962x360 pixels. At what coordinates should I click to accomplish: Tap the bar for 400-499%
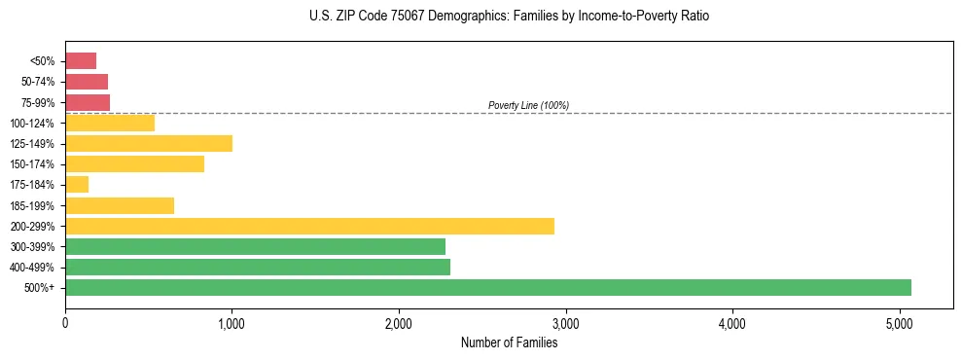(258, 267)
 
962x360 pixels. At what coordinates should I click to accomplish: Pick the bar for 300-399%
(255, 246)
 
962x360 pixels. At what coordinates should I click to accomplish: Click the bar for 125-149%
(149, 143)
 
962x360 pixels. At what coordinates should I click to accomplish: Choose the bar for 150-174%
(134, 163)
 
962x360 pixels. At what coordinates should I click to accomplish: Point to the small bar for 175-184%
(77, 184)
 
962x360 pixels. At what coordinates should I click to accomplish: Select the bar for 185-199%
(120, 205)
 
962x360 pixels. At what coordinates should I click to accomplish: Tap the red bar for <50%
(81, 60)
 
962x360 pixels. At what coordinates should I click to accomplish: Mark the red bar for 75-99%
(88, 102)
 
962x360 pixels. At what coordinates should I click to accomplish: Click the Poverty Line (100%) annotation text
(528, 105)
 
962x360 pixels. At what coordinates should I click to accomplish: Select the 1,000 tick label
(232, 322)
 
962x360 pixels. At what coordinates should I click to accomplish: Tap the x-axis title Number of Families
(509, 342)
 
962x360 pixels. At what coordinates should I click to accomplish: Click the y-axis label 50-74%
(38, 82)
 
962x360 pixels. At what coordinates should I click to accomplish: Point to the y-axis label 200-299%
(34, 226)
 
